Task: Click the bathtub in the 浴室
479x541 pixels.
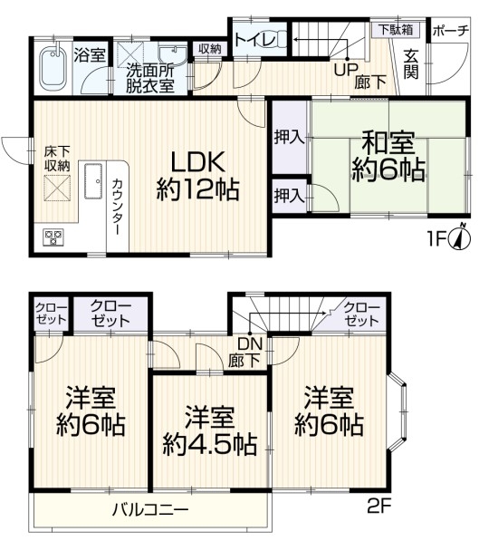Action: [53, 67]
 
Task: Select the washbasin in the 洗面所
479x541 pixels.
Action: [172, 55]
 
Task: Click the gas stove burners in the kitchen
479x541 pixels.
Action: [53, 237]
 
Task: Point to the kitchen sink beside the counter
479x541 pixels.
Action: [93, 181]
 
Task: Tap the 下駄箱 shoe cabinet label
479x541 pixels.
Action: [396, 30]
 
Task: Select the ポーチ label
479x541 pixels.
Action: [450, 31]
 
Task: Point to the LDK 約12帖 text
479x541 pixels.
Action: [197, 176]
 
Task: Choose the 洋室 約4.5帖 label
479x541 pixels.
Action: [210, 430]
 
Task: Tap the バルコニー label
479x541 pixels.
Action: [150, 509]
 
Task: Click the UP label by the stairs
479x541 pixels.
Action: [346, 70]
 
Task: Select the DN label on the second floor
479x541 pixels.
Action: [250, 343]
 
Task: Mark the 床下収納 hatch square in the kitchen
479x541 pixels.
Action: [57, 188]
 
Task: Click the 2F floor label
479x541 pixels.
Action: [378, 507]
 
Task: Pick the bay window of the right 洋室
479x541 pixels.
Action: [398, 411]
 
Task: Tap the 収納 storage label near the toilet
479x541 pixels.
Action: [210, 49]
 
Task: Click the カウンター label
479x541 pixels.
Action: [117, 207]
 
